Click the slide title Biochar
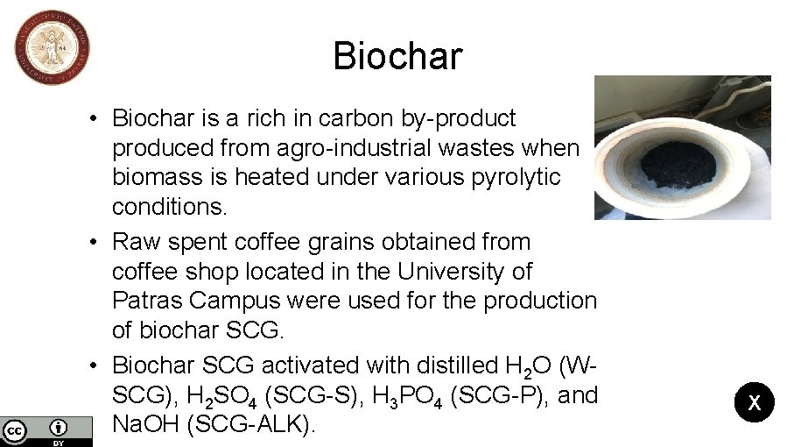coord(397,57)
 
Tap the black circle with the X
coord(754,403)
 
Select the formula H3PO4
coord(408,396)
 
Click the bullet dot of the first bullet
coord(102,118)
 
